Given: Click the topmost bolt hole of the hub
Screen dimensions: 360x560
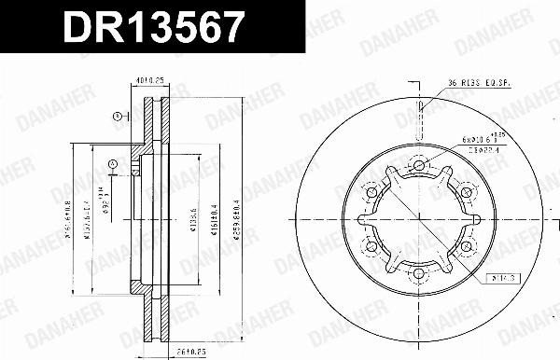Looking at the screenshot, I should [x=419, y=166].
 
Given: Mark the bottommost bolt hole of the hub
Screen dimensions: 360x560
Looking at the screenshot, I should [x=419, y=273].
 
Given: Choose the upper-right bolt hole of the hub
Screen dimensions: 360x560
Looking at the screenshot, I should [x=466, y=193].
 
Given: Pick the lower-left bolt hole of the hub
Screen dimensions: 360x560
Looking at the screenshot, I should [x=372, y=246].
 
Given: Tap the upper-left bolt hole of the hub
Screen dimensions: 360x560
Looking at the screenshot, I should [x=372, y=193].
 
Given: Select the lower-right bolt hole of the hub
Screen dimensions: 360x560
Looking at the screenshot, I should [x=466, y=246].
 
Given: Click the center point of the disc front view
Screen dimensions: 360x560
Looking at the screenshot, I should [x=419, y=220].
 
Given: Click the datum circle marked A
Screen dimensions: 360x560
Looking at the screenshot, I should [x=113, y=165].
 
